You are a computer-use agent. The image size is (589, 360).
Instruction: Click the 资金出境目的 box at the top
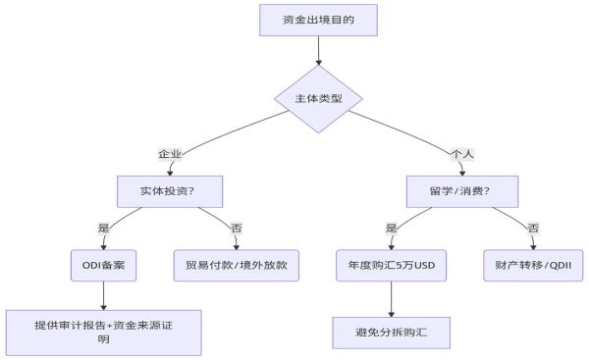pyautogui.click(x=318, y=19)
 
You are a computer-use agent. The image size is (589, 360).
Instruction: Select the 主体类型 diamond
pyautogui.click(x=318, y=100)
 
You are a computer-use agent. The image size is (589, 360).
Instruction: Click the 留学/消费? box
pyautogui.click(x=461, y=189)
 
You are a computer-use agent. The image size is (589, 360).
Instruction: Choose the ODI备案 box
pyautogui.click(x=103, y=265)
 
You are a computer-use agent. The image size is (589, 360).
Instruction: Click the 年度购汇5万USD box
pyautogui.click(x=392, y=265)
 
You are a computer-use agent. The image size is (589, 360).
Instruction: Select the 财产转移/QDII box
pyautogui.click(x=533, y=265)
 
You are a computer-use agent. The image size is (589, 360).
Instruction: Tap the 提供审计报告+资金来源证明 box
pyautogui.click(x=103, y=333)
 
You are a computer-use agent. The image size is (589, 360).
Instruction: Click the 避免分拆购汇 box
pyautogui.click(x=392, y=333)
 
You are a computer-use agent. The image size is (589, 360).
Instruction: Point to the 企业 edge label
pyautogui.click(x=171, y=154)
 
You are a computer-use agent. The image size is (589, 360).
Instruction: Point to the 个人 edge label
pyautogui.click(x=461, y=154)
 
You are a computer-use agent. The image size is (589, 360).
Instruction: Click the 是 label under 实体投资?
pyautogui.click(x=103, y=228)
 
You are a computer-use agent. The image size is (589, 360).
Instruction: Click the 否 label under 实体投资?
pyautogui.click(x=236, y=228)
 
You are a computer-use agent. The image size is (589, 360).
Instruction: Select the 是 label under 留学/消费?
pyautogui.click(x=392, y=228)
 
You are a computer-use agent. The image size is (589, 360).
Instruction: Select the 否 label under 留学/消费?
pyautogui.click(x=533, y=228)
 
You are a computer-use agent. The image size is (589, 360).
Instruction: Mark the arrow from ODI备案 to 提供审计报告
pyautogui.click(x=103, y=295)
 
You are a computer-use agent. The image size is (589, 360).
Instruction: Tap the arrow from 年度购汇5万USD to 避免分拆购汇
pyautogui.click(x=392, y=299)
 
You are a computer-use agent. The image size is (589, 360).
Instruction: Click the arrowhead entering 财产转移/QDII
pyautogui.click(x=533, y=245)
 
